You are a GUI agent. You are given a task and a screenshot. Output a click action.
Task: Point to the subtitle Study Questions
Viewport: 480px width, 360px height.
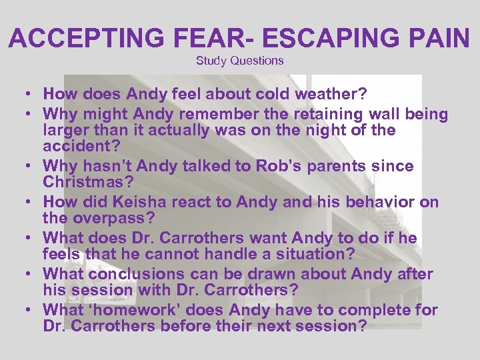click(239, 61)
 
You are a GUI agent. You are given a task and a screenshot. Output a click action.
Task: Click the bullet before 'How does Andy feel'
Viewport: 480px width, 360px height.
click(23, 94)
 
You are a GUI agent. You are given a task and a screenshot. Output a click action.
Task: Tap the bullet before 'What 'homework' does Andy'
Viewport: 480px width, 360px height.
click(23, 310)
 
